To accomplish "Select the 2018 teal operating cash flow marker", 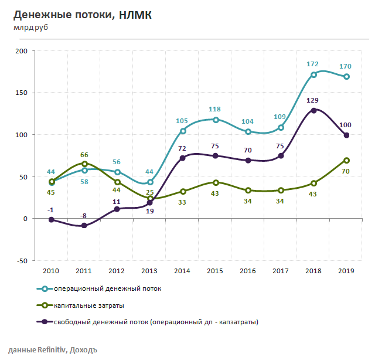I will tap(314, 74).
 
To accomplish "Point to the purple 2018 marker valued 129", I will tap(314, 110).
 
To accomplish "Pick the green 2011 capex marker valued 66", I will tap(85, 164).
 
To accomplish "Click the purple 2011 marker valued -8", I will tap(85, 225).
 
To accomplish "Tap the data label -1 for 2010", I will tap(51, 210).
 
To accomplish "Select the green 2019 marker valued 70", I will tap(347, 160).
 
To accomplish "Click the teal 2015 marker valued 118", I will tap(216, 120).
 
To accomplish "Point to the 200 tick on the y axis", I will tap(21, 52).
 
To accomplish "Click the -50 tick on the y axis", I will tap(21, 261).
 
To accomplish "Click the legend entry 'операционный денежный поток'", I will tap(107, 288).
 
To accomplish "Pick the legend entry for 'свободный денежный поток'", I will tap(156, 322).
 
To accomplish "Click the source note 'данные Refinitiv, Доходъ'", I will tap(49, 350).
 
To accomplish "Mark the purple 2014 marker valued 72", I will tap(183, 158).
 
